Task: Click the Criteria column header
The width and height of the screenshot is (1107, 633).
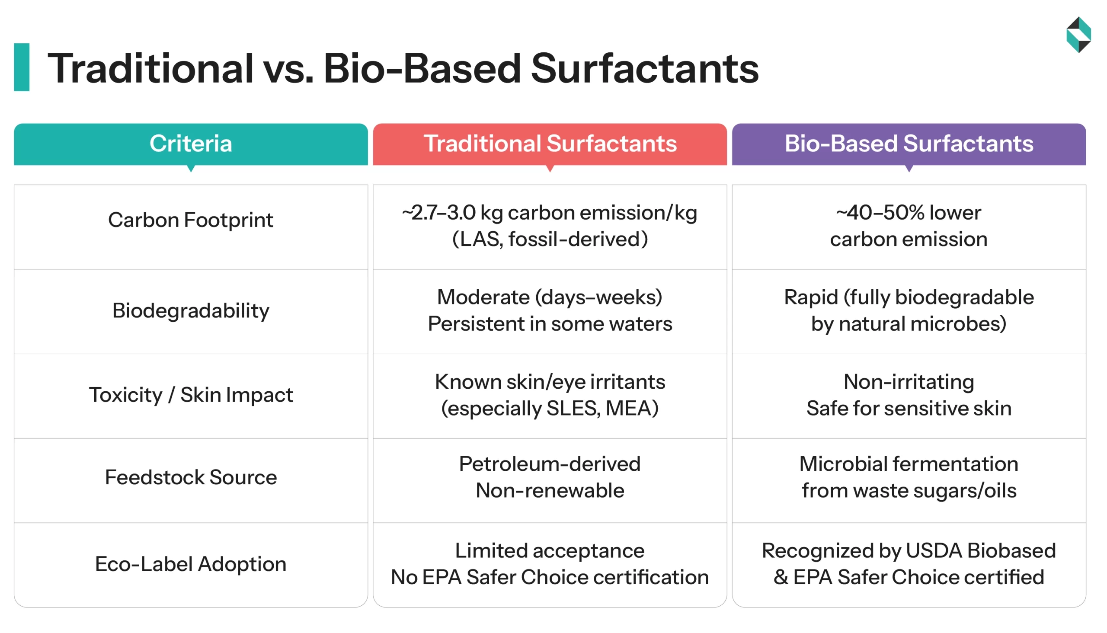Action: click(191, 144)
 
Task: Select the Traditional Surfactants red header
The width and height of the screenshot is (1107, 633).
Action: click(550, 144)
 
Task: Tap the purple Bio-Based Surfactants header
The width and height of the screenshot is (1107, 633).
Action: click(909, 144)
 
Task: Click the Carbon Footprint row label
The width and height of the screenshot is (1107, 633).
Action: click(190, 220)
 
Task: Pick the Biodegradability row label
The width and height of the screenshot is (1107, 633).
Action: click(190, 311)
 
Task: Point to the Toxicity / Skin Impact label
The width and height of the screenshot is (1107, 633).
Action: click(190, 395)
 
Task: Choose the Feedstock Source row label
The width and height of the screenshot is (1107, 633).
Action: click(190, 478)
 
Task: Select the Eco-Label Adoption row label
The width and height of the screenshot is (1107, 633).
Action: click(190, 564)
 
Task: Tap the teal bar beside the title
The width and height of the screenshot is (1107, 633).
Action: click(22, 67)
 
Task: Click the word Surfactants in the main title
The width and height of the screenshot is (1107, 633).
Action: click(644, 69)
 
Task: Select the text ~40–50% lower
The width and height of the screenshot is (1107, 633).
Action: click(909, 213)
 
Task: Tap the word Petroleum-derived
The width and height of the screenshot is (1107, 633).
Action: click(550, 464)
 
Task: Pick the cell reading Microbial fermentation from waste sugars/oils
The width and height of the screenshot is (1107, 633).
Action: click(909, 477)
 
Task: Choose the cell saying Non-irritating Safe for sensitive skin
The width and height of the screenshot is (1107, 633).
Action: click(909, 395)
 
